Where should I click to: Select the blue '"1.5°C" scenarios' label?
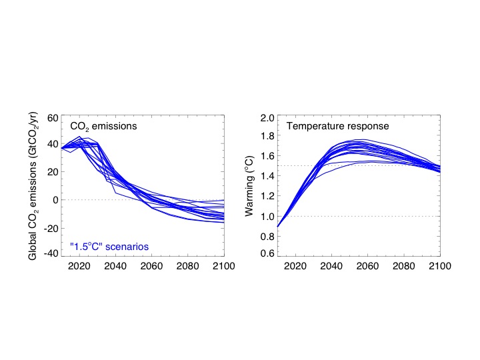(x=109, y=247)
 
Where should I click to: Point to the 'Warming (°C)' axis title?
(x=249, y=186)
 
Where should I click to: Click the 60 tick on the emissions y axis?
(x=51, y=117)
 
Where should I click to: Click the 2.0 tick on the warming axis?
(x=267, y=118)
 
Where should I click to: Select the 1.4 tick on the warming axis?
(x=267, y=177)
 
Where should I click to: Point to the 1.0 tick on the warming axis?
(x=267, y=216)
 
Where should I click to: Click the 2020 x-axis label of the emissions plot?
(x=79, y=266)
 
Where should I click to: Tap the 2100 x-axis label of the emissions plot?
(x=213, y=266)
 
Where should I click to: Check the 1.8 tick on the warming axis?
(x=267, y=137)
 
